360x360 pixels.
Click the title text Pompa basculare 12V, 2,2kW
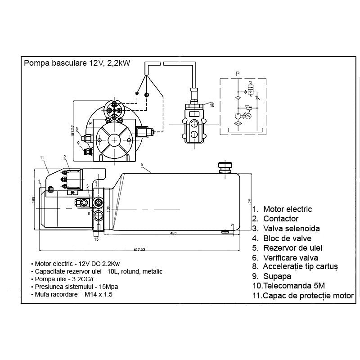tap(77, 63)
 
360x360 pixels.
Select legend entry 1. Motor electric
tap(282, 209)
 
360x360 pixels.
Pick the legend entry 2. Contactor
tap(275, 219)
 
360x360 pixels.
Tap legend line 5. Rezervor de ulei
tap(287, 248)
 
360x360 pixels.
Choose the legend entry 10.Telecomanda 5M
tap(288, 286)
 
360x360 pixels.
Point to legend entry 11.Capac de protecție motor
tap(303, 296)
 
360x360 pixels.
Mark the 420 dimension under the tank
tap(173, 233)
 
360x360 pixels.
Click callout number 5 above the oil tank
tap(142, 165)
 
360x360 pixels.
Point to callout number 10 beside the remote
tap(212, 105)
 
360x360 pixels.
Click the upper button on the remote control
tap(193, 124)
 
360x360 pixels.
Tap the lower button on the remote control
tap(193, 135)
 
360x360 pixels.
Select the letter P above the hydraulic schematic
tap(237, 72)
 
